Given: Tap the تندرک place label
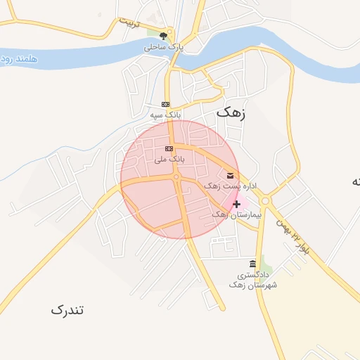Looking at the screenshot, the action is click(x=67, y=309).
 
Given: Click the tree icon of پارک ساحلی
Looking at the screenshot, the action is click(x=165, y=34).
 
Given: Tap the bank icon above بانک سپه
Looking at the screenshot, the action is click(x=166, y=103).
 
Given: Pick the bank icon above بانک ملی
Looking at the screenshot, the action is click(x=168, y=148).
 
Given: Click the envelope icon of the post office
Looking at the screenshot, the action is click(x=231, y=175).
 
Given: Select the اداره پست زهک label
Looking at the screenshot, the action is click(x=231, y=186).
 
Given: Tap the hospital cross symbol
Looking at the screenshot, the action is click(x=236, y=204).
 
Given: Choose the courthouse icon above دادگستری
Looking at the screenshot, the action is click(x=252, y=264).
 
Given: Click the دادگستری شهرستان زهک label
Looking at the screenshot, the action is click(x=253, y=280).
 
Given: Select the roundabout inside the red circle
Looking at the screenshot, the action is click(x=176, y=177).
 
